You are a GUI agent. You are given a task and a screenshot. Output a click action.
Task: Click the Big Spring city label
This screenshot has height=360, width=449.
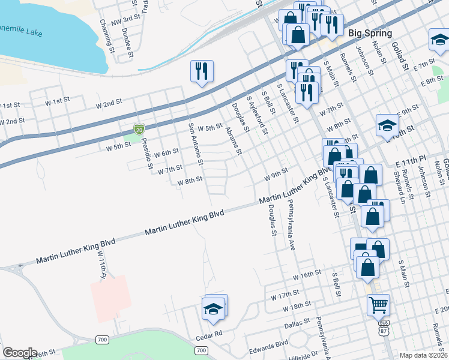(370, 34)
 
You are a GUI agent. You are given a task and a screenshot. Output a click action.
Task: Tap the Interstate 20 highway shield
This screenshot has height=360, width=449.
(139, 128)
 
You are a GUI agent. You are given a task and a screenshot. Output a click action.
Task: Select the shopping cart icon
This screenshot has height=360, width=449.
(378, 305)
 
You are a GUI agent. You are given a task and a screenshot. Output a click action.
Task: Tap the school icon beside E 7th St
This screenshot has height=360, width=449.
(439, 41)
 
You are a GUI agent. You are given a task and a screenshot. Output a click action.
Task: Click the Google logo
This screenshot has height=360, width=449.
(19, 353)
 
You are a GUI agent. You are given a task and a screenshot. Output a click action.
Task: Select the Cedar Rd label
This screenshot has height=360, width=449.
(208, 333)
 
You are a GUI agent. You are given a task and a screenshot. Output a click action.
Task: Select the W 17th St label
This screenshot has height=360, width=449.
(285, 295)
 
